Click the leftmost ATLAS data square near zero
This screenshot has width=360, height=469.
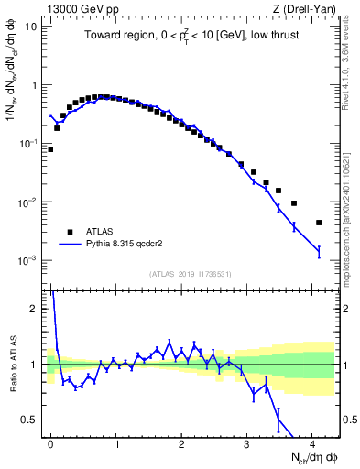tap(50, 149)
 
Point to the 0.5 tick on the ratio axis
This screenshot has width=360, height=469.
tap(31, 420)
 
